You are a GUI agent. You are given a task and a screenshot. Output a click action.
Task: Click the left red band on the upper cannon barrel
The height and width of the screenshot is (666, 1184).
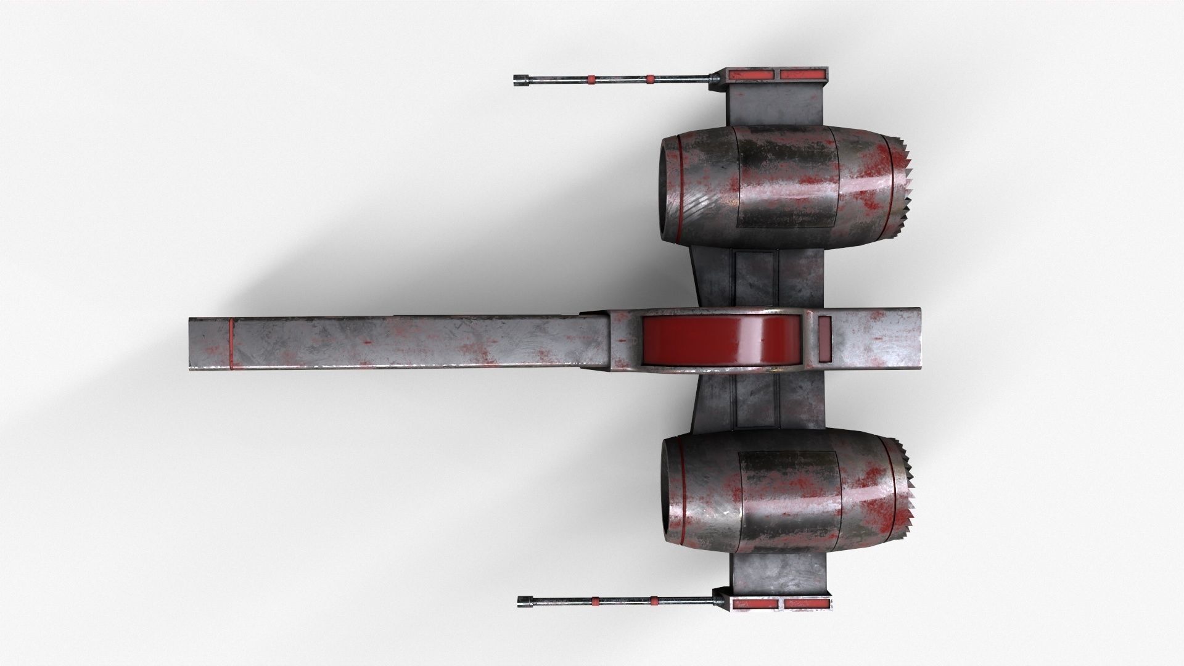(591, 79)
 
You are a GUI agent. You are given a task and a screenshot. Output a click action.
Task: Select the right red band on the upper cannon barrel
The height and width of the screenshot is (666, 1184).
(650, 79)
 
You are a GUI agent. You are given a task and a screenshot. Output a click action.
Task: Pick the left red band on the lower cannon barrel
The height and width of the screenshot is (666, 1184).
(595, 600)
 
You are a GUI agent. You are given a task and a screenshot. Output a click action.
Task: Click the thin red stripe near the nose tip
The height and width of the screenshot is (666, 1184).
(231, 344)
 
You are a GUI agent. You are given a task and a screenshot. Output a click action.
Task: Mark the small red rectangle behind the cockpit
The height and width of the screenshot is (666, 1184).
(824, 339)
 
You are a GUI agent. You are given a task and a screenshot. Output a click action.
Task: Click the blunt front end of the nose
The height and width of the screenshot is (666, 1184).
(191, 344)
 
